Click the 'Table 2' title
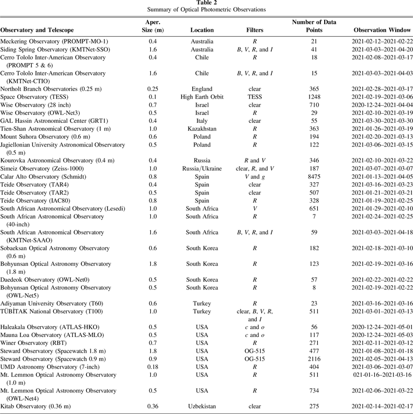point(206,3)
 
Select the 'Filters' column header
point(254,30)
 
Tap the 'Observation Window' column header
point(382,30)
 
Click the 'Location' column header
point(202,30)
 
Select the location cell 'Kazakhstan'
point(202,129)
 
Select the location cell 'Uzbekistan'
point(202,407)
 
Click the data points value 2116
point(314,359)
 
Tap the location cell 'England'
point(202,88)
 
